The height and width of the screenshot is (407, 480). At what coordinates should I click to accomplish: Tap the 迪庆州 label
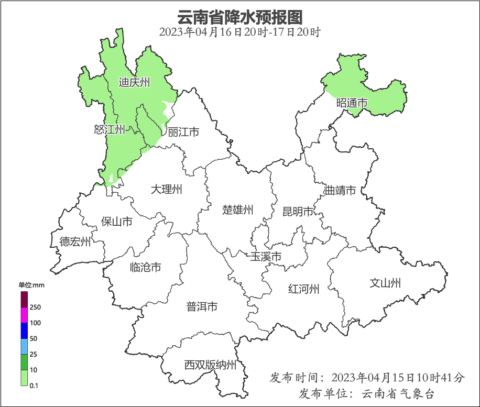coord(134,82)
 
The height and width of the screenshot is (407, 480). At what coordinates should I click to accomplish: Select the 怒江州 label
coord(110,129)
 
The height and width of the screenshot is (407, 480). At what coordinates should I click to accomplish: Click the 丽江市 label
coord(183,132)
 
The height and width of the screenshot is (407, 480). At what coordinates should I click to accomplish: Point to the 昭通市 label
coord(352,103)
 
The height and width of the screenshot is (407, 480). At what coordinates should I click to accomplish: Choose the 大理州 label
coord(166,189)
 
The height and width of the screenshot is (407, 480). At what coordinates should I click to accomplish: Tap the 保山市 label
coord(116,222)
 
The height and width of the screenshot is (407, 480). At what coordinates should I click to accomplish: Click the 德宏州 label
coord(75,241)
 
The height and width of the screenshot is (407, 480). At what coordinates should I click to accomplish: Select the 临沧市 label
coord(145,268)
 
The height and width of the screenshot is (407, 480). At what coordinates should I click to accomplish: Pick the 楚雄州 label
coord(237,210)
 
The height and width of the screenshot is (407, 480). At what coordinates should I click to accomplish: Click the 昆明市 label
coord(298,212)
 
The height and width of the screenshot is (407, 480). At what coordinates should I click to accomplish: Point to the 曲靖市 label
coord(340,190)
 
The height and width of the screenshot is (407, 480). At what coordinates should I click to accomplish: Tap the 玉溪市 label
coord(266,257)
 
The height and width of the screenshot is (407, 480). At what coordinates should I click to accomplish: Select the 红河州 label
coord(303,289)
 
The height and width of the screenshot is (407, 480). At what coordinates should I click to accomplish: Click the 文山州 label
coord(385,283)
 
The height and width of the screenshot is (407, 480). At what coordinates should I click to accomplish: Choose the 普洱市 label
coord(202,307)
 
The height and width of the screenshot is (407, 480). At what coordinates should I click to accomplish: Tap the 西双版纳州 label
coord(210,365)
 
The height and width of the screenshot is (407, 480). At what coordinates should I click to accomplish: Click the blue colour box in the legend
coord(24,331)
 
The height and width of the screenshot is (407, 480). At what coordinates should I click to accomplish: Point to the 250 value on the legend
coord(36,307)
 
